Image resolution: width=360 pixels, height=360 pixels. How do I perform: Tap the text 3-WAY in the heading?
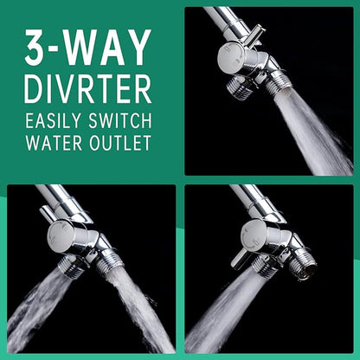point(88,48)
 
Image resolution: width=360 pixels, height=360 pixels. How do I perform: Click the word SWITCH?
point(120,120)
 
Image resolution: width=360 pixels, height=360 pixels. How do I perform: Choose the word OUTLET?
point(120,143)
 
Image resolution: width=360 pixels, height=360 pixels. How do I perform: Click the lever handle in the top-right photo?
point(255,36)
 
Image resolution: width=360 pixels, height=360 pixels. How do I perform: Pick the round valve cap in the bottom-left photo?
point(58,236)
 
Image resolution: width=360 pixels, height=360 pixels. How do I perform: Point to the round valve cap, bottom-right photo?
point(252,236)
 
